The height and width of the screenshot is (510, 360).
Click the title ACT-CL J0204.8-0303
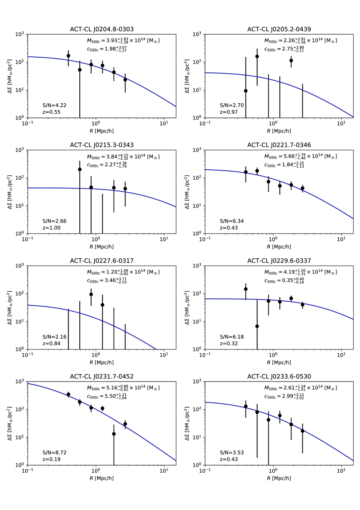pos(101,29)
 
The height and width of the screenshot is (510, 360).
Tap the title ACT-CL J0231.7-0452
pos(101,376)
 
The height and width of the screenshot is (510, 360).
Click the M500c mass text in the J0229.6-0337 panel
pos(301,272)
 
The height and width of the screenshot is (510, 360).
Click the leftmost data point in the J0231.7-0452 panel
pos(68,395)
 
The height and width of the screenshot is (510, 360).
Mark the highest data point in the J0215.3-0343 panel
pos(80,169)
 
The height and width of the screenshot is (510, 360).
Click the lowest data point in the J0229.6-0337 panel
pos(257,326)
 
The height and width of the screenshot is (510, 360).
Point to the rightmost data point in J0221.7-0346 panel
pos(302,188)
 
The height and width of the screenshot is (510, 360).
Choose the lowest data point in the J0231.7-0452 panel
pos(114,434)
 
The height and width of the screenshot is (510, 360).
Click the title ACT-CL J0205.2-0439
pos(279,29)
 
